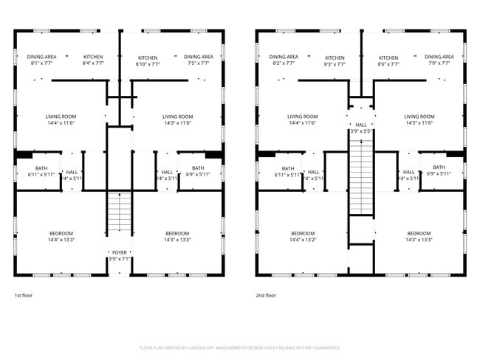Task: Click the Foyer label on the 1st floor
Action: pos(119,255)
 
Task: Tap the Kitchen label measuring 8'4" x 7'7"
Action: pos(93,60)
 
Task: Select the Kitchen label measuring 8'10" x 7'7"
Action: pos(148,60)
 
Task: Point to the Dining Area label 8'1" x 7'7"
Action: pos(41,60)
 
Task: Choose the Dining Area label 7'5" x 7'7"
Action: pos(198,60)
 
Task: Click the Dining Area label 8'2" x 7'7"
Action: pos(283,60)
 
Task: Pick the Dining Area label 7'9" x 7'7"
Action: pos(439,60)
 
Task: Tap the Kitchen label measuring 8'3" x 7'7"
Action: pos(335,61)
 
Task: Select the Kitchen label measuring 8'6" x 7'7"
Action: pos(388,61)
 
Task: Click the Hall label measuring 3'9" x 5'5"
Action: pos(360,128)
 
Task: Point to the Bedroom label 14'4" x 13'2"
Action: pos(303,237)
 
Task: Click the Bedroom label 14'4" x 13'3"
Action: pos(61,237)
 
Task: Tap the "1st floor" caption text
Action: pos(23,295)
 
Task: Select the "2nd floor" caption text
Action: pos(265,295)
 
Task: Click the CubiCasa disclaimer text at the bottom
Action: pos(240,347)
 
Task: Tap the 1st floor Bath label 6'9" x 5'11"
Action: pos(197,172)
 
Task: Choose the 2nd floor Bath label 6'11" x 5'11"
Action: pos(287,172)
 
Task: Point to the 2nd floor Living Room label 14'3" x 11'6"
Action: pos(419,120)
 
